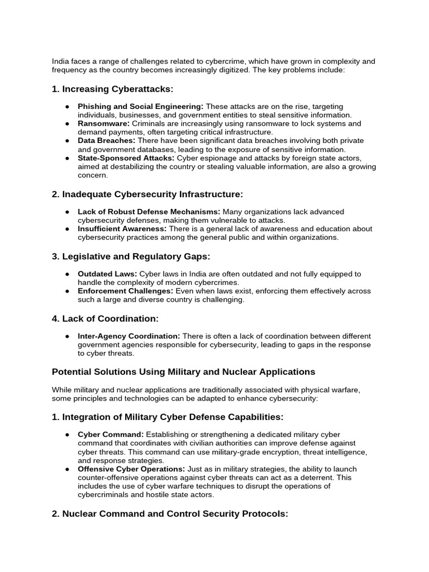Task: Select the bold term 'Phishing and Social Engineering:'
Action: pyautogui.click(x=141, y=106)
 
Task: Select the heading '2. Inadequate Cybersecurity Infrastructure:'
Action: pyautogui.click(x=147, y=194)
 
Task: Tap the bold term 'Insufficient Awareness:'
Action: pyautogui.click(x=122, y=228)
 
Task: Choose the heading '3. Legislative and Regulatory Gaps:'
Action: pyautogui.click(x=131, y=256)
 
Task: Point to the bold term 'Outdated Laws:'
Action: pyautogui.click(x=107, y=274)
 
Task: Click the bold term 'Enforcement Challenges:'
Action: pyautogui.click(x=126, y=291)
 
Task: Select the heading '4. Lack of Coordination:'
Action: pyautogui.click(x=105, y=318)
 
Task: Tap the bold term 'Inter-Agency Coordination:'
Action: pyautogui.click(x=128, y=336)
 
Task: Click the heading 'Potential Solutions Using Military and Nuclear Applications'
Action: pyautogui.click(x=183, y=371)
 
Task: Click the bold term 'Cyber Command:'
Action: pyautogui.click(x=111, y=435)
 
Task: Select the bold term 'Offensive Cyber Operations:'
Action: pyautogui.click(x=131, y=469)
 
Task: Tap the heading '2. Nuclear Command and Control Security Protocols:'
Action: pyautogui.click(x=170, y=513)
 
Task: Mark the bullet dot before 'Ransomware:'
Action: pyautogui.click(x=67, y=123)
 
